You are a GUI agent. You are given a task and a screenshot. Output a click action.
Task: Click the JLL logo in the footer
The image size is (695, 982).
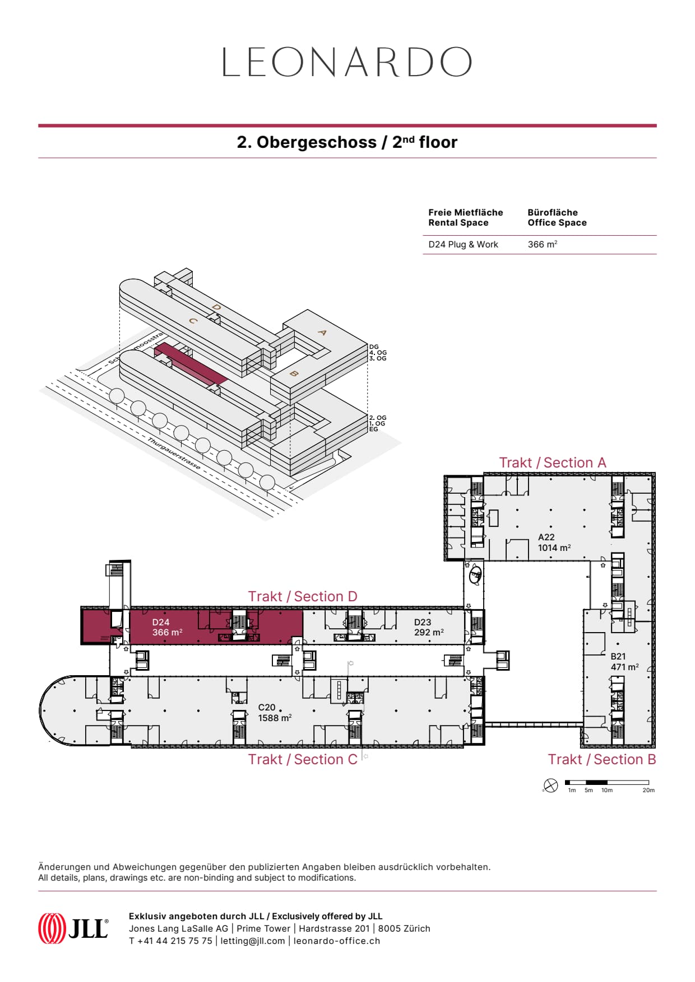(x=73, y=928)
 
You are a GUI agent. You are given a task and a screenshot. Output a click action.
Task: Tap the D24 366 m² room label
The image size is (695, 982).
(x=167, y=627)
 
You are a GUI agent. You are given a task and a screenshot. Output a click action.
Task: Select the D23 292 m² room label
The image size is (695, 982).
(x=429, y=627)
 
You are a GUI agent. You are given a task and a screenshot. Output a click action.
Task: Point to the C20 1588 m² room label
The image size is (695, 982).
(x=274, y=713)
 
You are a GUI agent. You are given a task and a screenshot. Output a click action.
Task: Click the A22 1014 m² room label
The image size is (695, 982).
(x=554, y=543)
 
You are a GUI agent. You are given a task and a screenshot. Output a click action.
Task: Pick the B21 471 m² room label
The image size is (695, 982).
(x=624, y=662)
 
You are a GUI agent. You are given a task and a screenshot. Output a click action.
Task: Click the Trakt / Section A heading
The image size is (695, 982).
(x=553, y=463)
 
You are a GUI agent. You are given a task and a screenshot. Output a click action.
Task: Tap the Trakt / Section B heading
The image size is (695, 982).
(x=601, y=760)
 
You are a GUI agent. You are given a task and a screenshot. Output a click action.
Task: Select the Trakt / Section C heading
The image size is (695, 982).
(x=303, y=760)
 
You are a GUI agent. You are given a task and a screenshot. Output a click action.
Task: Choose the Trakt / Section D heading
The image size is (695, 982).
(x=303, y=597)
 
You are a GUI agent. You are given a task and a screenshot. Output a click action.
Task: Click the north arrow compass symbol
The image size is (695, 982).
(x=551, y=785)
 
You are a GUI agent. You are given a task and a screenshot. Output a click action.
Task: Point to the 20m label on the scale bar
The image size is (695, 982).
(x=648, y=791)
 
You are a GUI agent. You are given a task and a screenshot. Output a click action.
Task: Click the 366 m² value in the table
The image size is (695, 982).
(x=542, y=245)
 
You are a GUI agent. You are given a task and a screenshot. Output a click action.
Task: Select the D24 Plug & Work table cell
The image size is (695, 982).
(x=463, y=245)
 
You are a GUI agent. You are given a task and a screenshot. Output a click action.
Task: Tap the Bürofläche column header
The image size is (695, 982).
(x=557, y=217)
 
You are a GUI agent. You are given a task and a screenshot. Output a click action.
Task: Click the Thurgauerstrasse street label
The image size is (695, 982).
(x=174, y=453)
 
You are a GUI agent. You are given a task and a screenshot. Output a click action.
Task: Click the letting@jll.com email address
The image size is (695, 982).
(x=253, y=941)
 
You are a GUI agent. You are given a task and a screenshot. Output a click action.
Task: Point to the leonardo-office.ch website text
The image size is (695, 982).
(x=337, y=941)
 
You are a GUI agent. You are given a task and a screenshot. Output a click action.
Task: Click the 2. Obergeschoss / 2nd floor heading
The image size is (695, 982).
(x=347, y=142)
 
